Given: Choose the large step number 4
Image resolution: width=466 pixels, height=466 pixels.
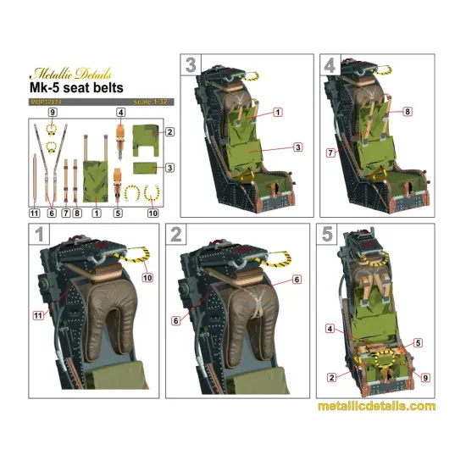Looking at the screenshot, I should (330, 65).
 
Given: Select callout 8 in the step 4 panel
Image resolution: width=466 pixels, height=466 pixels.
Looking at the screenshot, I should (408, 111).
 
